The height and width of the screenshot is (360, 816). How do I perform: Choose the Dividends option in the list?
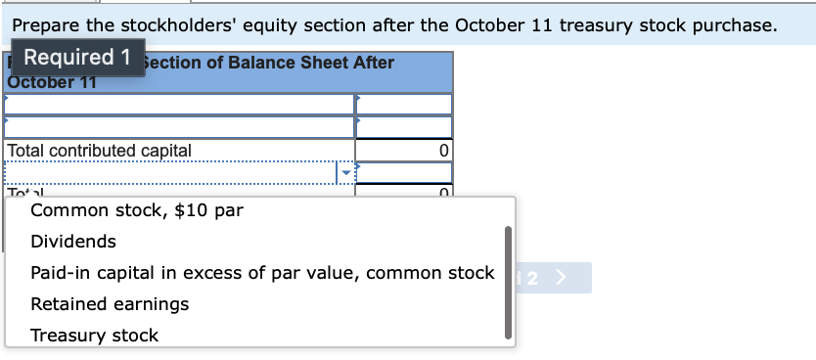[x=73, y=242]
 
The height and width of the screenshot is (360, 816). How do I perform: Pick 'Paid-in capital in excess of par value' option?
[x=262, y=273]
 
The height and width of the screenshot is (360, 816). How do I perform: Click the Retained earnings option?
[x=110, y=304]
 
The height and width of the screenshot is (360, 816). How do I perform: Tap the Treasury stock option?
[x=94, y=336]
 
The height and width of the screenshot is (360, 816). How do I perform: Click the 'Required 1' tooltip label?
[x=76, y=57]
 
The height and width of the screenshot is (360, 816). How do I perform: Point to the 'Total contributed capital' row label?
[x=99, y=151]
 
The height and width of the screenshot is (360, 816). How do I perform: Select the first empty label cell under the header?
[x=178, y=104]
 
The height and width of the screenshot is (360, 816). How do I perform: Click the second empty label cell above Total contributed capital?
[x=178, y=127]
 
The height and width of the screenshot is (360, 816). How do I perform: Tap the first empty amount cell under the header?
[x=403, y=104]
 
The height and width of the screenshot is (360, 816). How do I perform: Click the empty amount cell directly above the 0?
[x=403, y=127]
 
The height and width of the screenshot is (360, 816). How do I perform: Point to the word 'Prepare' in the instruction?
[x=50, y=24]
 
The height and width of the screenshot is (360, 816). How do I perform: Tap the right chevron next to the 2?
[x=561, y=277]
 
